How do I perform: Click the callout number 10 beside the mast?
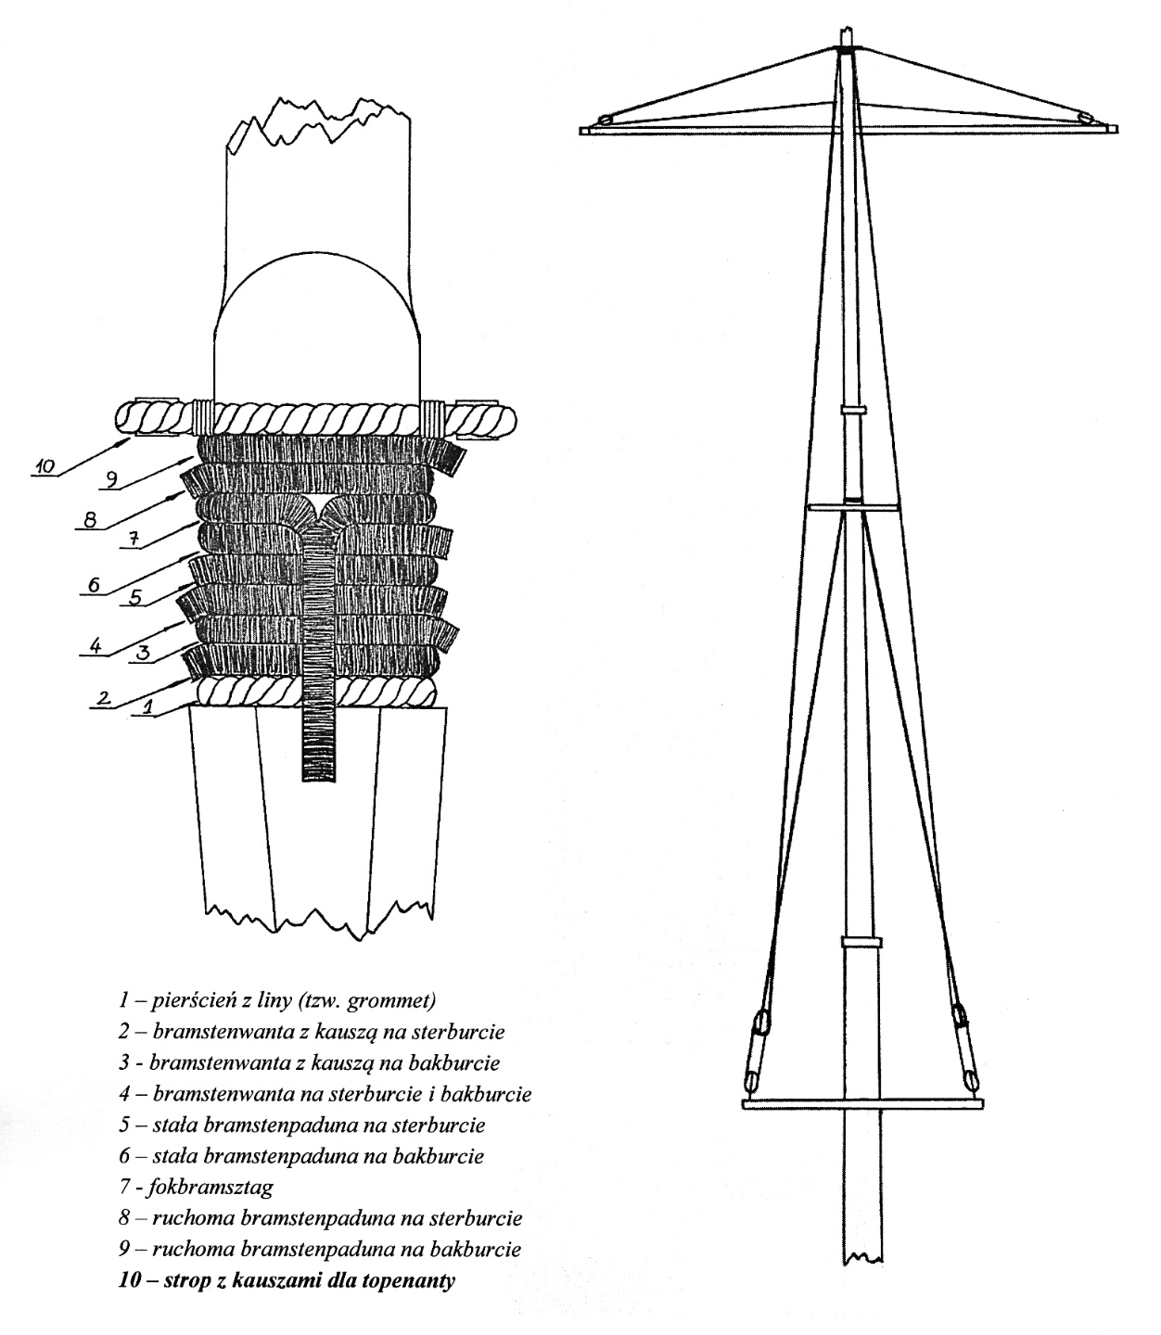coord(45,466)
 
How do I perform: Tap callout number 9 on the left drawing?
coord(111,479)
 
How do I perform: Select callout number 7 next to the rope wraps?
coord(133,540)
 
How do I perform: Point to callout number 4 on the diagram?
coord(96,646)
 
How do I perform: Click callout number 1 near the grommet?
coord(148,706)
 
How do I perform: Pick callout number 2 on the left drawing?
coord(104,697)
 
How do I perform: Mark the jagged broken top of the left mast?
coord(318,124)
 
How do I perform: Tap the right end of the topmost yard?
coord(1116,129)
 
